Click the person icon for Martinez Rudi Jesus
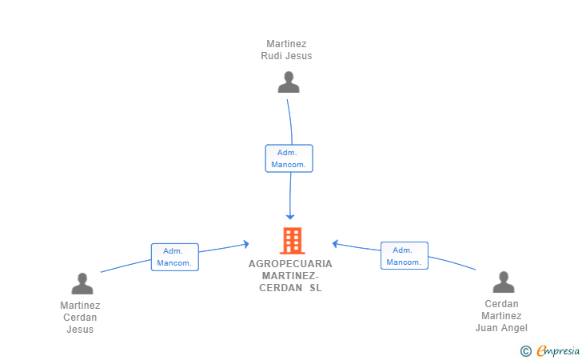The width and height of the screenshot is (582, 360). pyautogui.click(x=289, y=82)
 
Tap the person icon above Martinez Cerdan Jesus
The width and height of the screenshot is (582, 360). pyautogui.click(x=82, y=283)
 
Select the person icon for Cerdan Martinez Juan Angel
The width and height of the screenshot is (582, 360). pyautogui.click(x=504, y=282)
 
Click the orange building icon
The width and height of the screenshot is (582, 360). pyautogui.click(x=292, y=241)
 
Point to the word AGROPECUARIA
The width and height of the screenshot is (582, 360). pyautogui.click(x=290, y=264)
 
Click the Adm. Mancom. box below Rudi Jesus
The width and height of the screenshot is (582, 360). pyautogui.click(x=289, y=158)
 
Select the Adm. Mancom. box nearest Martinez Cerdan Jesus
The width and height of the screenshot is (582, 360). pyautogui.click(x=174, y=257)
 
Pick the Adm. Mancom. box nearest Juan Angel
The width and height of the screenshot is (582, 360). pyautogui.click(x=405, y=256)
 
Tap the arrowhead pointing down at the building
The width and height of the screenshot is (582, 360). pyautogui.click(x=290, y=217)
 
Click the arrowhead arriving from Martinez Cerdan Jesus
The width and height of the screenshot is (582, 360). pyautogui.click(x=246, y=244)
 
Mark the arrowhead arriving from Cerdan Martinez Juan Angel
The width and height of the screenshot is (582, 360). pyautogui.click(x=335, y=244)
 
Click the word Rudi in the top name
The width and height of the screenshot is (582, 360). pyautogui.click(x=273, y=56)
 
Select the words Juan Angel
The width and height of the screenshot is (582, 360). pyautogui.click(x=501, y=328)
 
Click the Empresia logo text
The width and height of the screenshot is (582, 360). pyautogui.click(x=558, y=350)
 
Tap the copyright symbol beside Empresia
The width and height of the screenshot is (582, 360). pyautogui.click(x=526, y=351)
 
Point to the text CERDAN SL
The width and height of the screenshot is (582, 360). pyautogui.click(x=290, y=288)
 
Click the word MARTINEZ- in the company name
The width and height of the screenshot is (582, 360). pyautogui.click(x=290, y=276)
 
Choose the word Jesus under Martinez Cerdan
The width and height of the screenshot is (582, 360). pyautogui.click(x=80, y=329)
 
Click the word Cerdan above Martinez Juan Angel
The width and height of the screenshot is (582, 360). pyautogui.click(x=501, y=304)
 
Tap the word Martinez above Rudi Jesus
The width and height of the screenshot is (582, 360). pyautogui.click(x=286, y=44)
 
